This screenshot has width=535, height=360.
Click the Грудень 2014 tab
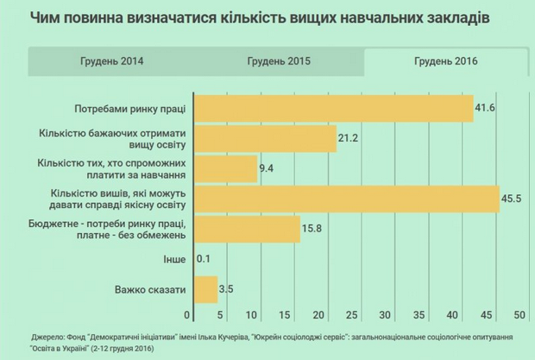tap(111, 62)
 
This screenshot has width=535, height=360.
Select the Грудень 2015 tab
tap(278, 62)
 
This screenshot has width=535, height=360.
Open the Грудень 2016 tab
tap(445, 62)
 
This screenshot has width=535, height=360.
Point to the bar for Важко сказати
tap(205, 290)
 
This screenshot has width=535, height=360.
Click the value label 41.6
tap(486, 108)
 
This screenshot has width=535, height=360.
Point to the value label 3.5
tap(228, 290)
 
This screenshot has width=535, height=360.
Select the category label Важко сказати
tap(150, 290)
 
